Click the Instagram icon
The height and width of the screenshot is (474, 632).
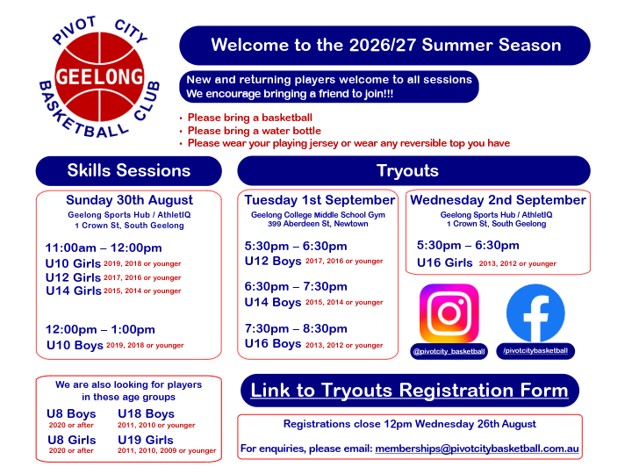pyautogui.click(x=449, y=313)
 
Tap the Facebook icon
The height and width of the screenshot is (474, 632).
pyautogui.click(x=535, y=313)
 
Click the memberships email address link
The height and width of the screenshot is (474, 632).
pyautogui.click(x=477, y=449)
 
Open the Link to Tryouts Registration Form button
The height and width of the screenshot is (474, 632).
pyautogui.click(x=410, y=390)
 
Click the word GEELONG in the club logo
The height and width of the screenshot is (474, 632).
pyautogui.click(x=99, y=76)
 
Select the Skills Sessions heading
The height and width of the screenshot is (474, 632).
pyautogui.click(x=128, y=170)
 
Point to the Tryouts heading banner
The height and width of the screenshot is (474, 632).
pyautogui.click(x=414, y=170)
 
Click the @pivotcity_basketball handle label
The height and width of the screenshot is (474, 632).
pyautogui.click(x=449, y=351)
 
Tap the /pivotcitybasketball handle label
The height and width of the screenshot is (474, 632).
pyautogui.click(x=535, y=350)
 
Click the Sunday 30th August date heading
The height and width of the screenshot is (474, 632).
pyautogui.click(x=129, y=200)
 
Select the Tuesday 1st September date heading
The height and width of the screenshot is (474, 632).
pyautogui.click(x=320, y=200)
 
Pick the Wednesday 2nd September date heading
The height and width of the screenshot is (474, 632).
pyautogui.click(x=499, y=200)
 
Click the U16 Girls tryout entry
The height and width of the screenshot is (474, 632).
pyautogui.click(x=486, y=262)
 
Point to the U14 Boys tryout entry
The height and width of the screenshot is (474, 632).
pyautogui.click(x=314, y=302)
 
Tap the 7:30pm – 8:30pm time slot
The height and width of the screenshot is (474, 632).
pyautogui.click(x=296, y=328)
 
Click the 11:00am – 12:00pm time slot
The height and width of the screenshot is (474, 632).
pyautogui.click(x=104, y=248)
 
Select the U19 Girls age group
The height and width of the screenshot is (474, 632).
pyautogui.click(x=146, y=440)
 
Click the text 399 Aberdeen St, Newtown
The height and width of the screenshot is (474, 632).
pyautogui.click(x=318, y=224)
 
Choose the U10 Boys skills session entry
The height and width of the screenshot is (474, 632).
pyautogui.click(x=115, y=345)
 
